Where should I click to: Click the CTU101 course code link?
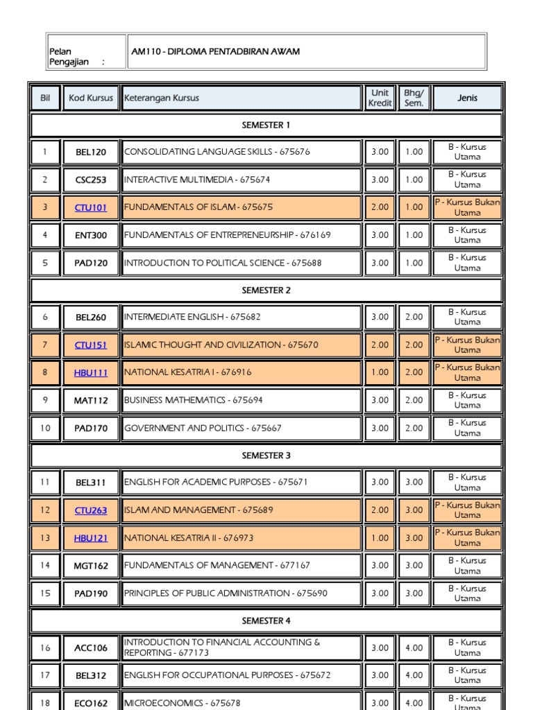click(91, 207)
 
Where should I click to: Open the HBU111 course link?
click(91, 372)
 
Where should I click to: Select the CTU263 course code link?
click(91, 510)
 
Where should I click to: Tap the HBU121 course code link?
click(91, 538)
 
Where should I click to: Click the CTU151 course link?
click(91, 345)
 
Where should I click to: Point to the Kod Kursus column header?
click(91, 98)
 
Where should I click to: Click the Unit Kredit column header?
click(380, 98)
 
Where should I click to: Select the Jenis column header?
click(467, 98)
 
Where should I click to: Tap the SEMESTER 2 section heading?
click(266, 291)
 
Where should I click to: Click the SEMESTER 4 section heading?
click(266, 621)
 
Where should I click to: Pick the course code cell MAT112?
click(91, 400)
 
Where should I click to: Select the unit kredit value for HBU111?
click(380, 372)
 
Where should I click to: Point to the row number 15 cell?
click(46, 593)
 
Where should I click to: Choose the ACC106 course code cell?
click(91, 648)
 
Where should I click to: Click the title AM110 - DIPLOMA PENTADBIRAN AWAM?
click(216, 52)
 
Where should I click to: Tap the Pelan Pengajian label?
click(76, 57)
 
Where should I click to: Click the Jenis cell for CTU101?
click(467, 207)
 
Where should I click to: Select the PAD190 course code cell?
click(91, 593)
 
